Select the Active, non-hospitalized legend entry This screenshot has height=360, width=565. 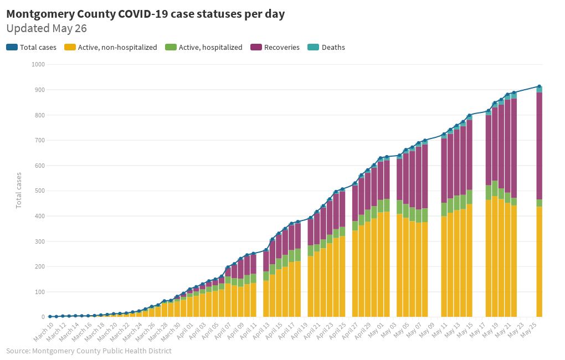click(111, 48)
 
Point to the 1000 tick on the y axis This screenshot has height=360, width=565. click(38, 65)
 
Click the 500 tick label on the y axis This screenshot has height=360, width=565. click(40, 191)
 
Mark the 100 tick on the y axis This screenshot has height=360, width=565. click(40, 292)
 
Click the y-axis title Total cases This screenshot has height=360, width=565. click(19, 190)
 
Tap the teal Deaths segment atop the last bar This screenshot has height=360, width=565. click(539, 89)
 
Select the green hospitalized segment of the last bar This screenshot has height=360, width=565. click(539, 203)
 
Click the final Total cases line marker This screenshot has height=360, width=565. click(539, 86)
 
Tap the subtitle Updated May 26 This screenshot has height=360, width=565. click(47, 28)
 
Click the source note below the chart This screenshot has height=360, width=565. click(89, 351)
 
